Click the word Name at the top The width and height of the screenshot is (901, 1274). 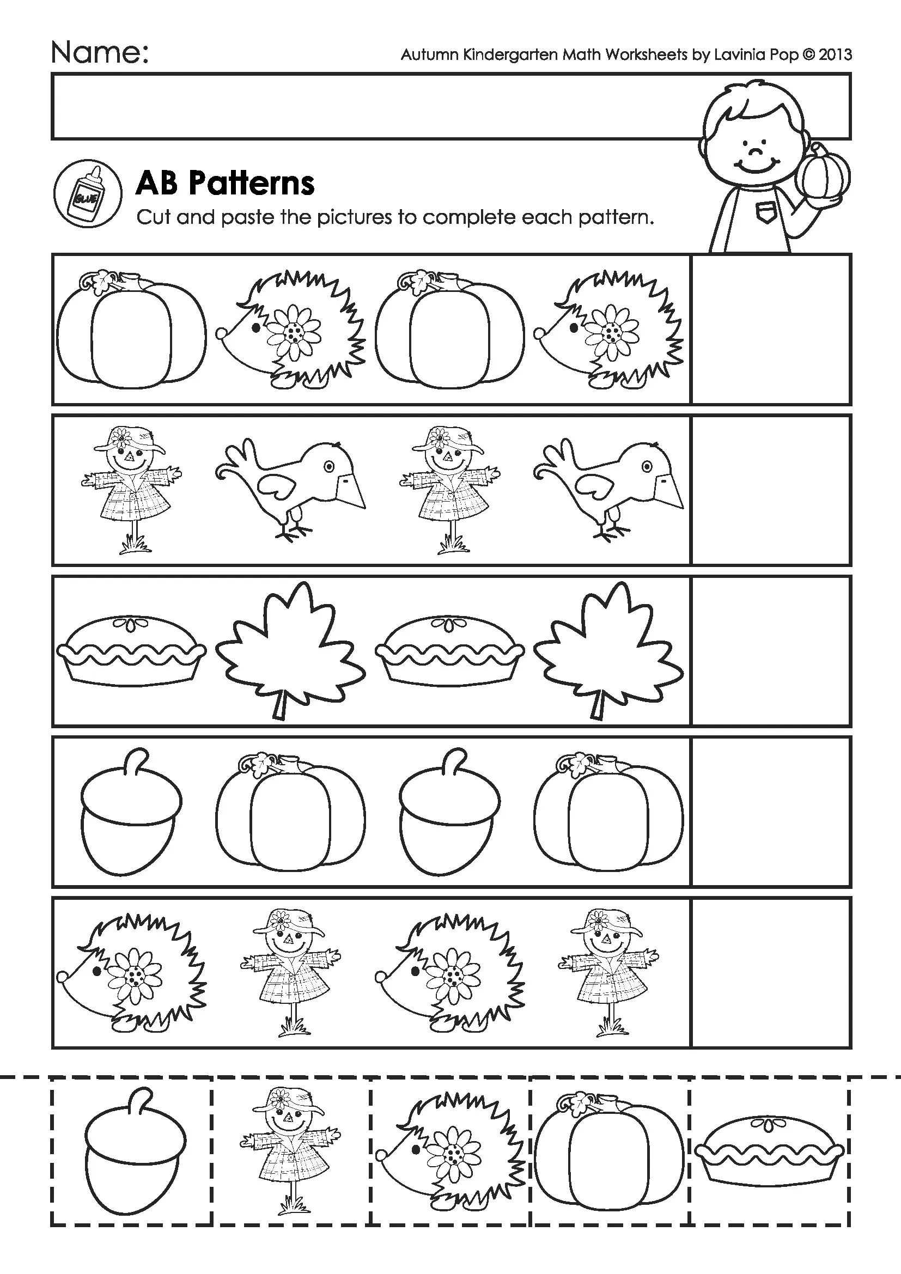pyautogui.click(x=100, y=54)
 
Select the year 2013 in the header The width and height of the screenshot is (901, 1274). pyautogui.click(x=835, y=54)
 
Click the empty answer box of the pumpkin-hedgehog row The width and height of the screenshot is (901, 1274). pyautogui.click(x=771, y=329)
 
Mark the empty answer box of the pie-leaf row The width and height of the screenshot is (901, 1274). pyautogui.click(x=771, y=651)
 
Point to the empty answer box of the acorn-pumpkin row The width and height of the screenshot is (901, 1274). pyautogui.click(x=771, y=812)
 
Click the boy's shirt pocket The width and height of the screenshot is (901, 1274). pyautogui.click(x=767, y=213)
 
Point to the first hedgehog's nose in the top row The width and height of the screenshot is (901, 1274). pyautogui.click(x=221, y=333)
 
